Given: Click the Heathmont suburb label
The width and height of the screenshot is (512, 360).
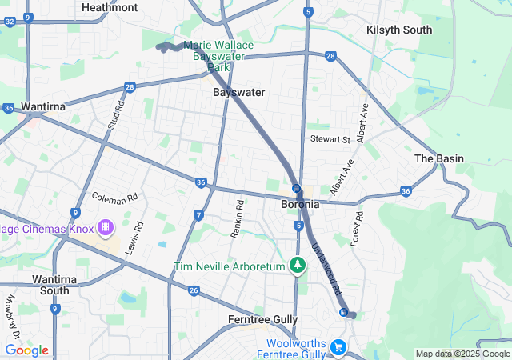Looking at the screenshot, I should click(x=110, y=7).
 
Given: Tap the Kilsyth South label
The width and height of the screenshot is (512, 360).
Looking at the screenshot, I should click(x=399, y=30).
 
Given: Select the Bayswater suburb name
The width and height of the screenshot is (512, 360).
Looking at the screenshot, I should click(x=238, y=92).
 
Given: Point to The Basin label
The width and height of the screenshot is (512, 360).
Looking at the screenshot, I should click(x=438, y=158).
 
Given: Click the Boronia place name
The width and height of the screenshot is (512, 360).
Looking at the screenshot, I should click(x=301, y=204).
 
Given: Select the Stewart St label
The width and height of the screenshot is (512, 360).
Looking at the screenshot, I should click(x=330, y=139).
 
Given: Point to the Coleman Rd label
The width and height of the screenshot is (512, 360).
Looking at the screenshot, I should click(x=114, y=196).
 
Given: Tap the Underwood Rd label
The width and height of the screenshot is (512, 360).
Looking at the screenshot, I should click(x=326, y=268).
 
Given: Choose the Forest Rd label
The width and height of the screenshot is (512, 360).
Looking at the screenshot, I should click(x=358, y=228).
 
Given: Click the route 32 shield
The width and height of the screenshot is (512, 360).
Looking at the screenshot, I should click(x=9, y=22).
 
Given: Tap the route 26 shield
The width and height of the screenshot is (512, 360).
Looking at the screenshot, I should click(x=194, y=290).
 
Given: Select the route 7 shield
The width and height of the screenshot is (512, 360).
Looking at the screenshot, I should click(x=198, y=214).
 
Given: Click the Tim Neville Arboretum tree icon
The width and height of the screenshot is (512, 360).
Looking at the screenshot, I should click(x=298, y=264).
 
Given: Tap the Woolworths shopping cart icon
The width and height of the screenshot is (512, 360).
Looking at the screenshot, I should click(x=338, y=347).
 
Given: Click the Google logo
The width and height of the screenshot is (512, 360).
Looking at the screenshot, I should click(x=26, y=350).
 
